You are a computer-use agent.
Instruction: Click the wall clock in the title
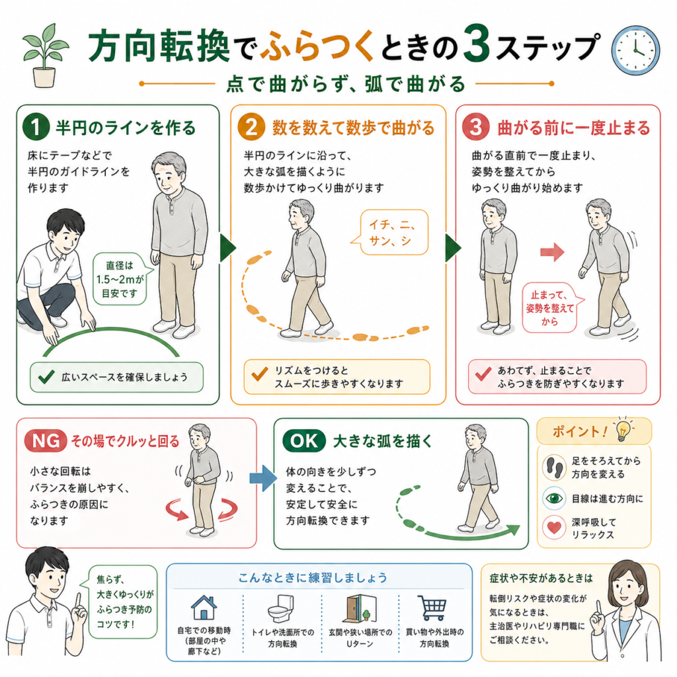[635, 50]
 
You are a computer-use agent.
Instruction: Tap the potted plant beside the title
[44, 56]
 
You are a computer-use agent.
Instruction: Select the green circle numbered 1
[36, 127]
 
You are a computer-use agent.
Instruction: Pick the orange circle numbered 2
[251, 127]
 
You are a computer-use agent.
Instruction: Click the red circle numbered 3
[476, 127]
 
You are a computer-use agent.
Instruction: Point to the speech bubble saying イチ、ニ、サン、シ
[391, 232]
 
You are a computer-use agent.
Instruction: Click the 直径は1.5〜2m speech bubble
[122, 279]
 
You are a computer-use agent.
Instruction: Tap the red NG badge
[46, 441]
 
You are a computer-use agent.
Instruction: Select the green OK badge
[303, 441]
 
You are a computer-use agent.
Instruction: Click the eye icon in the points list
[555, 498]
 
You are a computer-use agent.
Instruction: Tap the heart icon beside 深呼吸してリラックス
[555, 528]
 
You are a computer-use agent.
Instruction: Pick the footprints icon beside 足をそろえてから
[555, 467]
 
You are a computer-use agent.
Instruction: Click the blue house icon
[204, 608]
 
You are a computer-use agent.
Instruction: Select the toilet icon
[280, 608]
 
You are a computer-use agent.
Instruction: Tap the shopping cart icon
[432, 608]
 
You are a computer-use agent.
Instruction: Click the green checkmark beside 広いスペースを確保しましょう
[46, 377]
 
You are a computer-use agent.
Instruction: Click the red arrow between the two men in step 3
[552, 252]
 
